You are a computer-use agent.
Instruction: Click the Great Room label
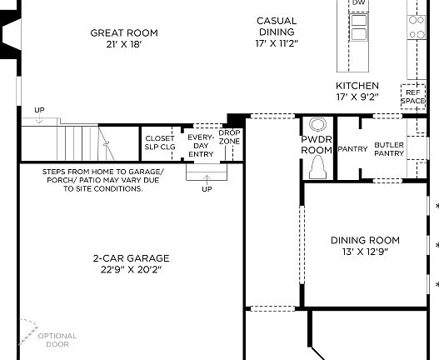pyautogui.click(x=124, y=33)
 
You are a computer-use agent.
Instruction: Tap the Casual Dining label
pyautogui.click(x=277, y=20)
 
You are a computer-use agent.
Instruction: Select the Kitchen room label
pyautogui.click(x=357, y=86)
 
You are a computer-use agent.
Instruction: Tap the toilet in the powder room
pyautogui.click(x=317, y=169)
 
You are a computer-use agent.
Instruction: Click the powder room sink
pyautogui.click(x=317, y=122)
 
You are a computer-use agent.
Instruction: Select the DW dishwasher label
pyautogui.click(x=358, y=3)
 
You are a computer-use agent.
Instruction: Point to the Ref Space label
pyautogui.click(x=414, y=97)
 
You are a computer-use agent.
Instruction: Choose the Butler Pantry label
pyautogui.click(x=389, y=149)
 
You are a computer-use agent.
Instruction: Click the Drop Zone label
pyautogui.click(x=229, y=137)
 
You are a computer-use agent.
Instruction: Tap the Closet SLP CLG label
pyautogui.click(x=160, y=142)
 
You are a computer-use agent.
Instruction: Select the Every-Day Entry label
pyautogui.click(x=200, y=145)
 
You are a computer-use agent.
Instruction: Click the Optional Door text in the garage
pyautogui.click(x=57, y=340)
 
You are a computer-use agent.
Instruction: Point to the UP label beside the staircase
pyautogui.click(x=39, y=110)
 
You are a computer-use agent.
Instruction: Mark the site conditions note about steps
pyautogui.click(x=102, y=180)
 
